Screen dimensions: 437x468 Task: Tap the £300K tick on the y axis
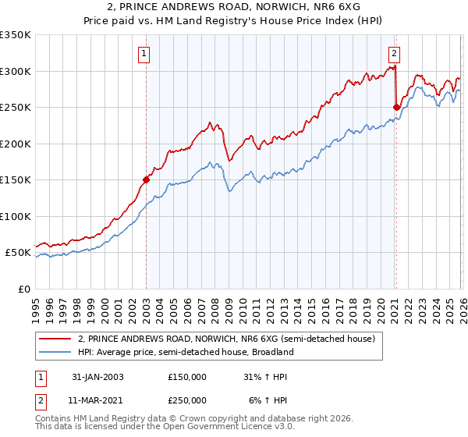point(16,71)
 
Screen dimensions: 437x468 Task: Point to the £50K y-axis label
point(18,253)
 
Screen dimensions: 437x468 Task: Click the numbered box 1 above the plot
point(145,54)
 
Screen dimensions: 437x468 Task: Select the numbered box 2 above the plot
point(394,54)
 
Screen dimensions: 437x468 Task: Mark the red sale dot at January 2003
point(146,179)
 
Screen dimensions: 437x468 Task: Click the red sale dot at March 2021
point(396,107)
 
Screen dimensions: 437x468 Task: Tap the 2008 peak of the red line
point(210,123)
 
